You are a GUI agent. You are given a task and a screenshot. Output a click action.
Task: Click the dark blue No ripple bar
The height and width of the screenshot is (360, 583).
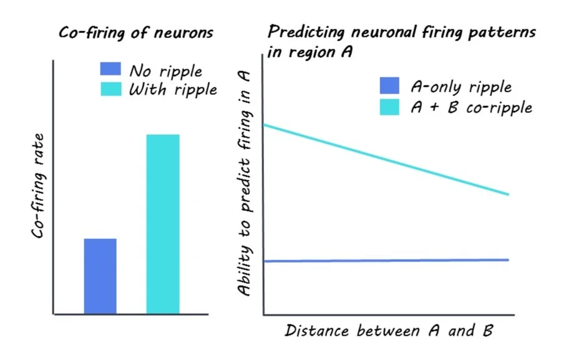click(x=100, y=276)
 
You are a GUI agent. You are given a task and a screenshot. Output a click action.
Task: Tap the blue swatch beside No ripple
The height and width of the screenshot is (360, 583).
click(x=110, y=70)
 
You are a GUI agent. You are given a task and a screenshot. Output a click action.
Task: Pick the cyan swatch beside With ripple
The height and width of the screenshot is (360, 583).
click(x=110, y=89)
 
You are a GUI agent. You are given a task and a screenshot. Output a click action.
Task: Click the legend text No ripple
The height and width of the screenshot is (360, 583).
click(x=165, y=71)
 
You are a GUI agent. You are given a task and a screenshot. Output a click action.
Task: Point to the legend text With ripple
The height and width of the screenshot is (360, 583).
click(x=173, y=90)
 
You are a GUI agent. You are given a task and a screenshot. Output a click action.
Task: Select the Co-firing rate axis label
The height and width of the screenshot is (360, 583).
click(x=39, y=185)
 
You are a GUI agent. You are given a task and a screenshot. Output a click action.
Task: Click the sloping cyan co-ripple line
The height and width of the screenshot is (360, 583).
click(x=387, y=160)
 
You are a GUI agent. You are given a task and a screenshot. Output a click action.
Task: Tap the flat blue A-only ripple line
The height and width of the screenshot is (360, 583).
click(x=387, y=260)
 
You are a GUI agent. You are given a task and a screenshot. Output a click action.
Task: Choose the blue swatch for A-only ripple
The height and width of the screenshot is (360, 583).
click(x=389, y=87)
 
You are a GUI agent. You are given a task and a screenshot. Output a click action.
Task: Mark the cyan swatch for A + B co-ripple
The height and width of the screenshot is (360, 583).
click(x=389, y=107)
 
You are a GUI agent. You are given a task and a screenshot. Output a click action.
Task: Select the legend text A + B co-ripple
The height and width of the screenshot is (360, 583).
click(x=471, y=107)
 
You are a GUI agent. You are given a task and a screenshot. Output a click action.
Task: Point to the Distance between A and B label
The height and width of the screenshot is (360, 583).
click(x=389, y=330)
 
